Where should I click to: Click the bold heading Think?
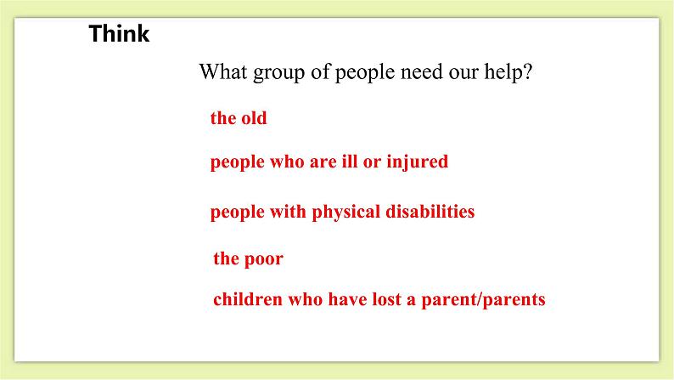click(x=119, y=35)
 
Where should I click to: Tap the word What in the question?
click(x=222, y=72)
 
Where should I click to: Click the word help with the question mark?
click(x=509, y=73)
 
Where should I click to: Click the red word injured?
click(x=418, y=162)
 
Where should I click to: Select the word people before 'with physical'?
click(x=238, y=213)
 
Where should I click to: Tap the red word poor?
click(x=264, y=259)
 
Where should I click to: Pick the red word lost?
click(x=376, y=299)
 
